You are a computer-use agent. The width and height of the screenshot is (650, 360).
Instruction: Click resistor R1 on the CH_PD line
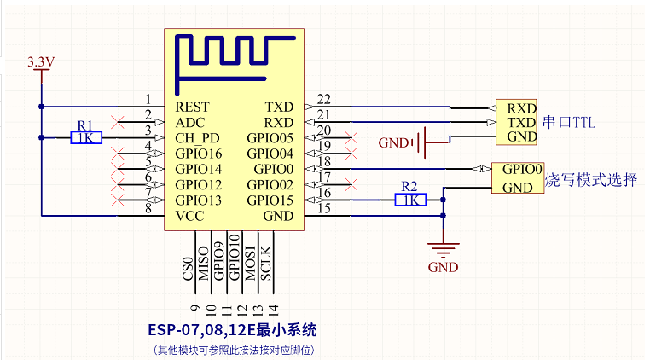point(86,137)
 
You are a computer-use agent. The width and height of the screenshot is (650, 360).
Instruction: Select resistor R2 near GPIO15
point(410,200)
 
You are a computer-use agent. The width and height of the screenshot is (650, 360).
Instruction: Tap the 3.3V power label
point(41,61)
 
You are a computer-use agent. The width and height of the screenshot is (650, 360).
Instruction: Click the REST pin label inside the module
point(192,107)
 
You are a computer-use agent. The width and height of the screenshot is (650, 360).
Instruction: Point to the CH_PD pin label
point(197,138)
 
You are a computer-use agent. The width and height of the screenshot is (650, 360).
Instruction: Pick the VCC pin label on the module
point(189,216)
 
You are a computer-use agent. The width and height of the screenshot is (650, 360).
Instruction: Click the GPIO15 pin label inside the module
point(270,200)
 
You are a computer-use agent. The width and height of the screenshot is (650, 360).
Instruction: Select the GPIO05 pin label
point(270,138)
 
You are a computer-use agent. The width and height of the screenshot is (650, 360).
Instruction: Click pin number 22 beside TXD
point(324,99)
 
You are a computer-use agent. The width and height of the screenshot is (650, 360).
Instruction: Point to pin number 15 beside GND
point(324,208)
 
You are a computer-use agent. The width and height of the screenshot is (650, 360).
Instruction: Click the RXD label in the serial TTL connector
point(521,108)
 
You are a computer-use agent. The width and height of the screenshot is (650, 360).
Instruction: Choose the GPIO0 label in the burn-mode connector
point(522,169)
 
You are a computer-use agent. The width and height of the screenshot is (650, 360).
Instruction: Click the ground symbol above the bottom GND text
point(444,250)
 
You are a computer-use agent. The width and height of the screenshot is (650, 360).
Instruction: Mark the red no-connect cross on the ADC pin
point(118,122)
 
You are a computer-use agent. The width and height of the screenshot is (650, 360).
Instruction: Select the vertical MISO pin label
point(203,264)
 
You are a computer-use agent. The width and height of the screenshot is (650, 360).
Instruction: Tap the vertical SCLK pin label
point(266,264)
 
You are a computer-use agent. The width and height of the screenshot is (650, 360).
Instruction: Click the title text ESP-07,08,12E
point(202,330)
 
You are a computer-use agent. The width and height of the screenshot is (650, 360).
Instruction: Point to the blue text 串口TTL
point(569,122)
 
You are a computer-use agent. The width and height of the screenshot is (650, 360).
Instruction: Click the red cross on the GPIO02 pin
point(351,184)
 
